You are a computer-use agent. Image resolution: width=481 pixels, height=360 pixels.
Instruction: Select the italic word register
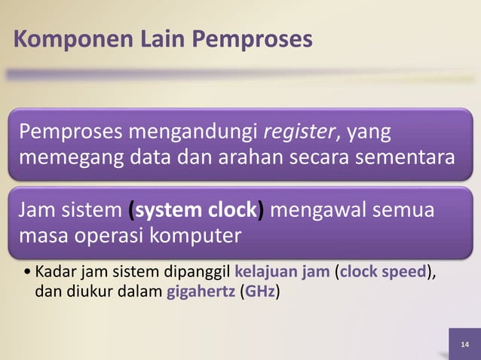point(301,133)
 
